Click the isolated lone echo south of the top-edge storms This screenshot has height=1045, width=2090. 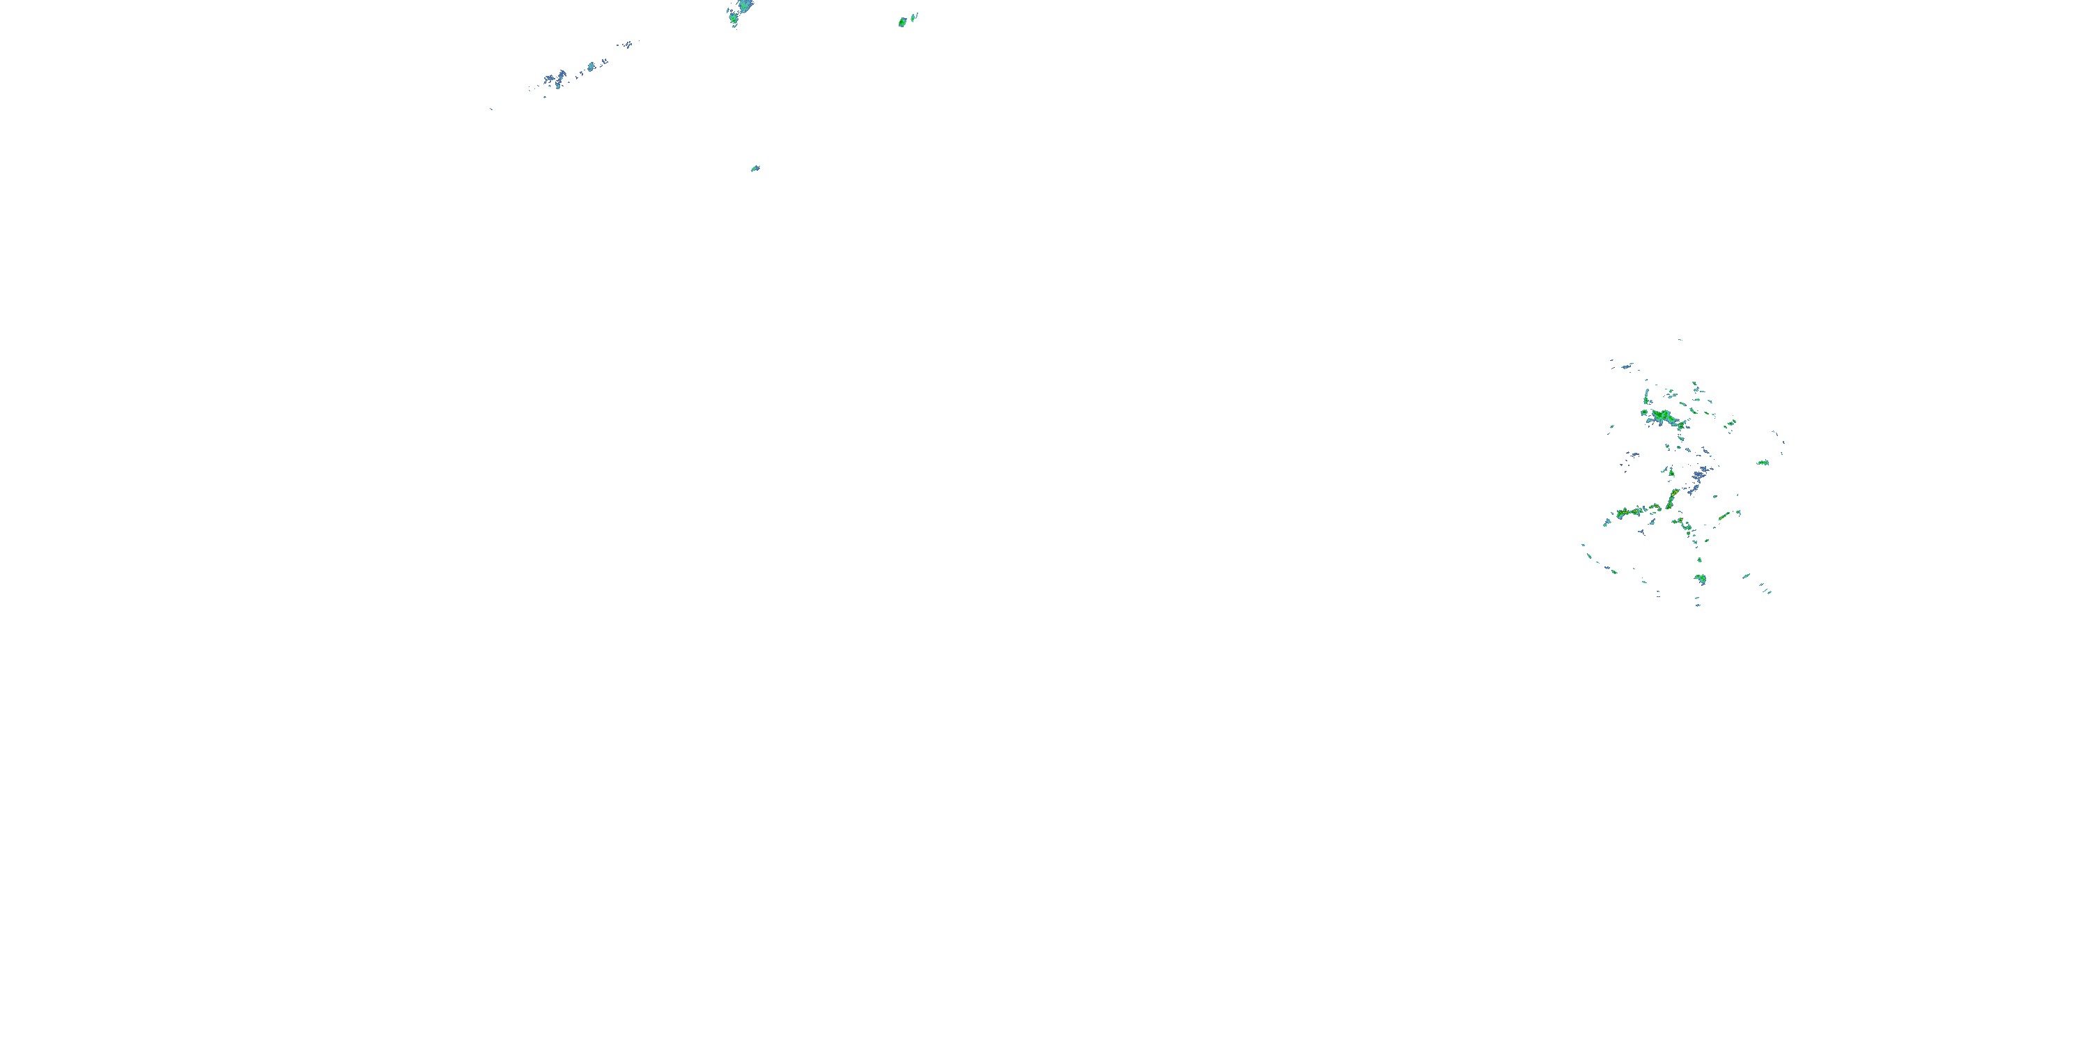[755, 169]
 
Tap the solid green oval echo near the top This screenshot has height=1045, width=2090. [902, 22]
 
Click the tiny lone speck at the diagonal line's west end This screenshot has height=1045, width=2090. [491, 109]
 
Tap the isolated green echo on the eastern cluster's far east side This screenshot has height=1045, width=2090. [1763, 463]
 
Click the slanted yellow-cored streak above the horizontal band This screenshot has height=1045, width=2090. [1672, 497]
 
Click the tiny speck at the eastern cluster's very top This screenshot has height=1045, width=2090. [1680, 340]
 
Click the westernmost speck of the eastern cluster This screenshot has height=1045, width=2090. [1584, 545]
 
